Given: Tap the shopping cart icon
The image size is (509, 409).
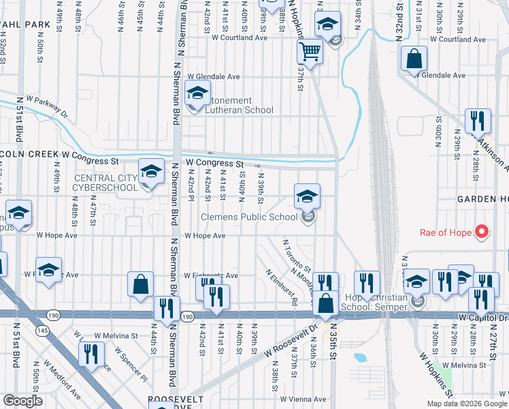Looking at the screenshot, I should click(310, 51).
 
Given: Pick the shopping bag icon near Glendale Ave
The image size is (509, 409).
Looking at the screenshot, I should click(414, 60).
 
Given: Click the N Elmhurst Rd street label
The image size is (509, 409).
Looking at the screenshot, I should click(282, 286).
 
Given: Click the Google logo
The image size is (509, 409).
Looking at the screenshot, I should click(22, 401).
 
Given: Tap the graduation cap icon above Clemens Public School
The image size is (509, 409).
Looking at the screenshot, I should click(307, 196).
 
